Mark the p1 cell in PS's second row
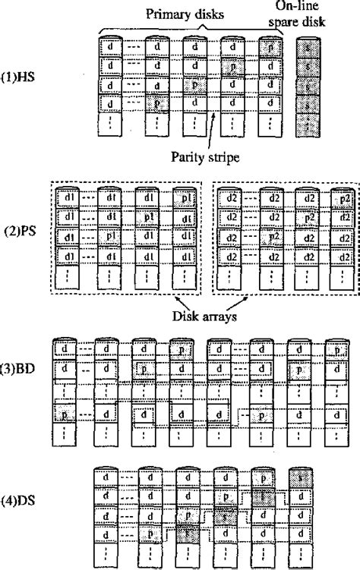point(144,219)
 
